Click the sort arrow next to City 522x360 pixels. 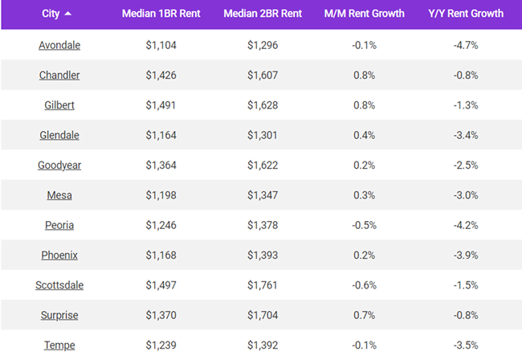[67, 14]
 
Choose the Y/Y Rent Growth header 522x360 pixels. [466, 14]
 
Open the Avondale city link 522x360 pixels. [59, 46]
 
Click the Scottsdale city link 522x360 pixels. [59, 285]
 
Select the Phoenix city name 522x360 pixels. [59, 256]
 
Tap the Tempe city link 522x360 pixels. [59, 346]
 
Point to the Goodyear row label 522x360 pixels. [59, 166]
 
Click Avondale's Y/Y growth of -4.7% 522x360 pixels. [466, 46]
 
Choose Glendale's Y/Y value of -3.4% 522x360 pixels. [466, 136]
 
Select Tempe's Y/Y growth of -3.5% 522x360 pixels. [466, 346]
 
